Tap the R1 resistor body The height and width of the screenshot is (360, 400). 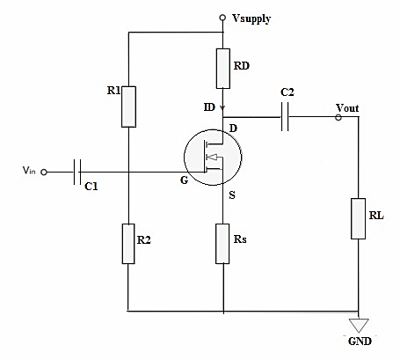(x=128, y=106)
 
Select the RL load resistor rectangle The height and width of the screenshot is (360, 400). (x=359, y=218)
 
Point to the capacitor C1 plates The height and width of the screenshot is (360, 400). (x=77, y=173)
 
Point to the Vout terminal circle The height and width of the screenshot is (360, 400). (x=338, y=116)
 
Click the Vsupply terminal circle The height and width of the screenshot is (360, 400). (x=223, y=17)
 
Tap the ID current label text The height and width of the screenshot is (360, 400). (x=208, y=107)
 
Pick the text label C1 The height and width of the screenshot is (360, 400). (x=92, y=187)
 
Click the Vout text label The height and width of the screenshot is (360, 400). (x=348, y=107)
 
